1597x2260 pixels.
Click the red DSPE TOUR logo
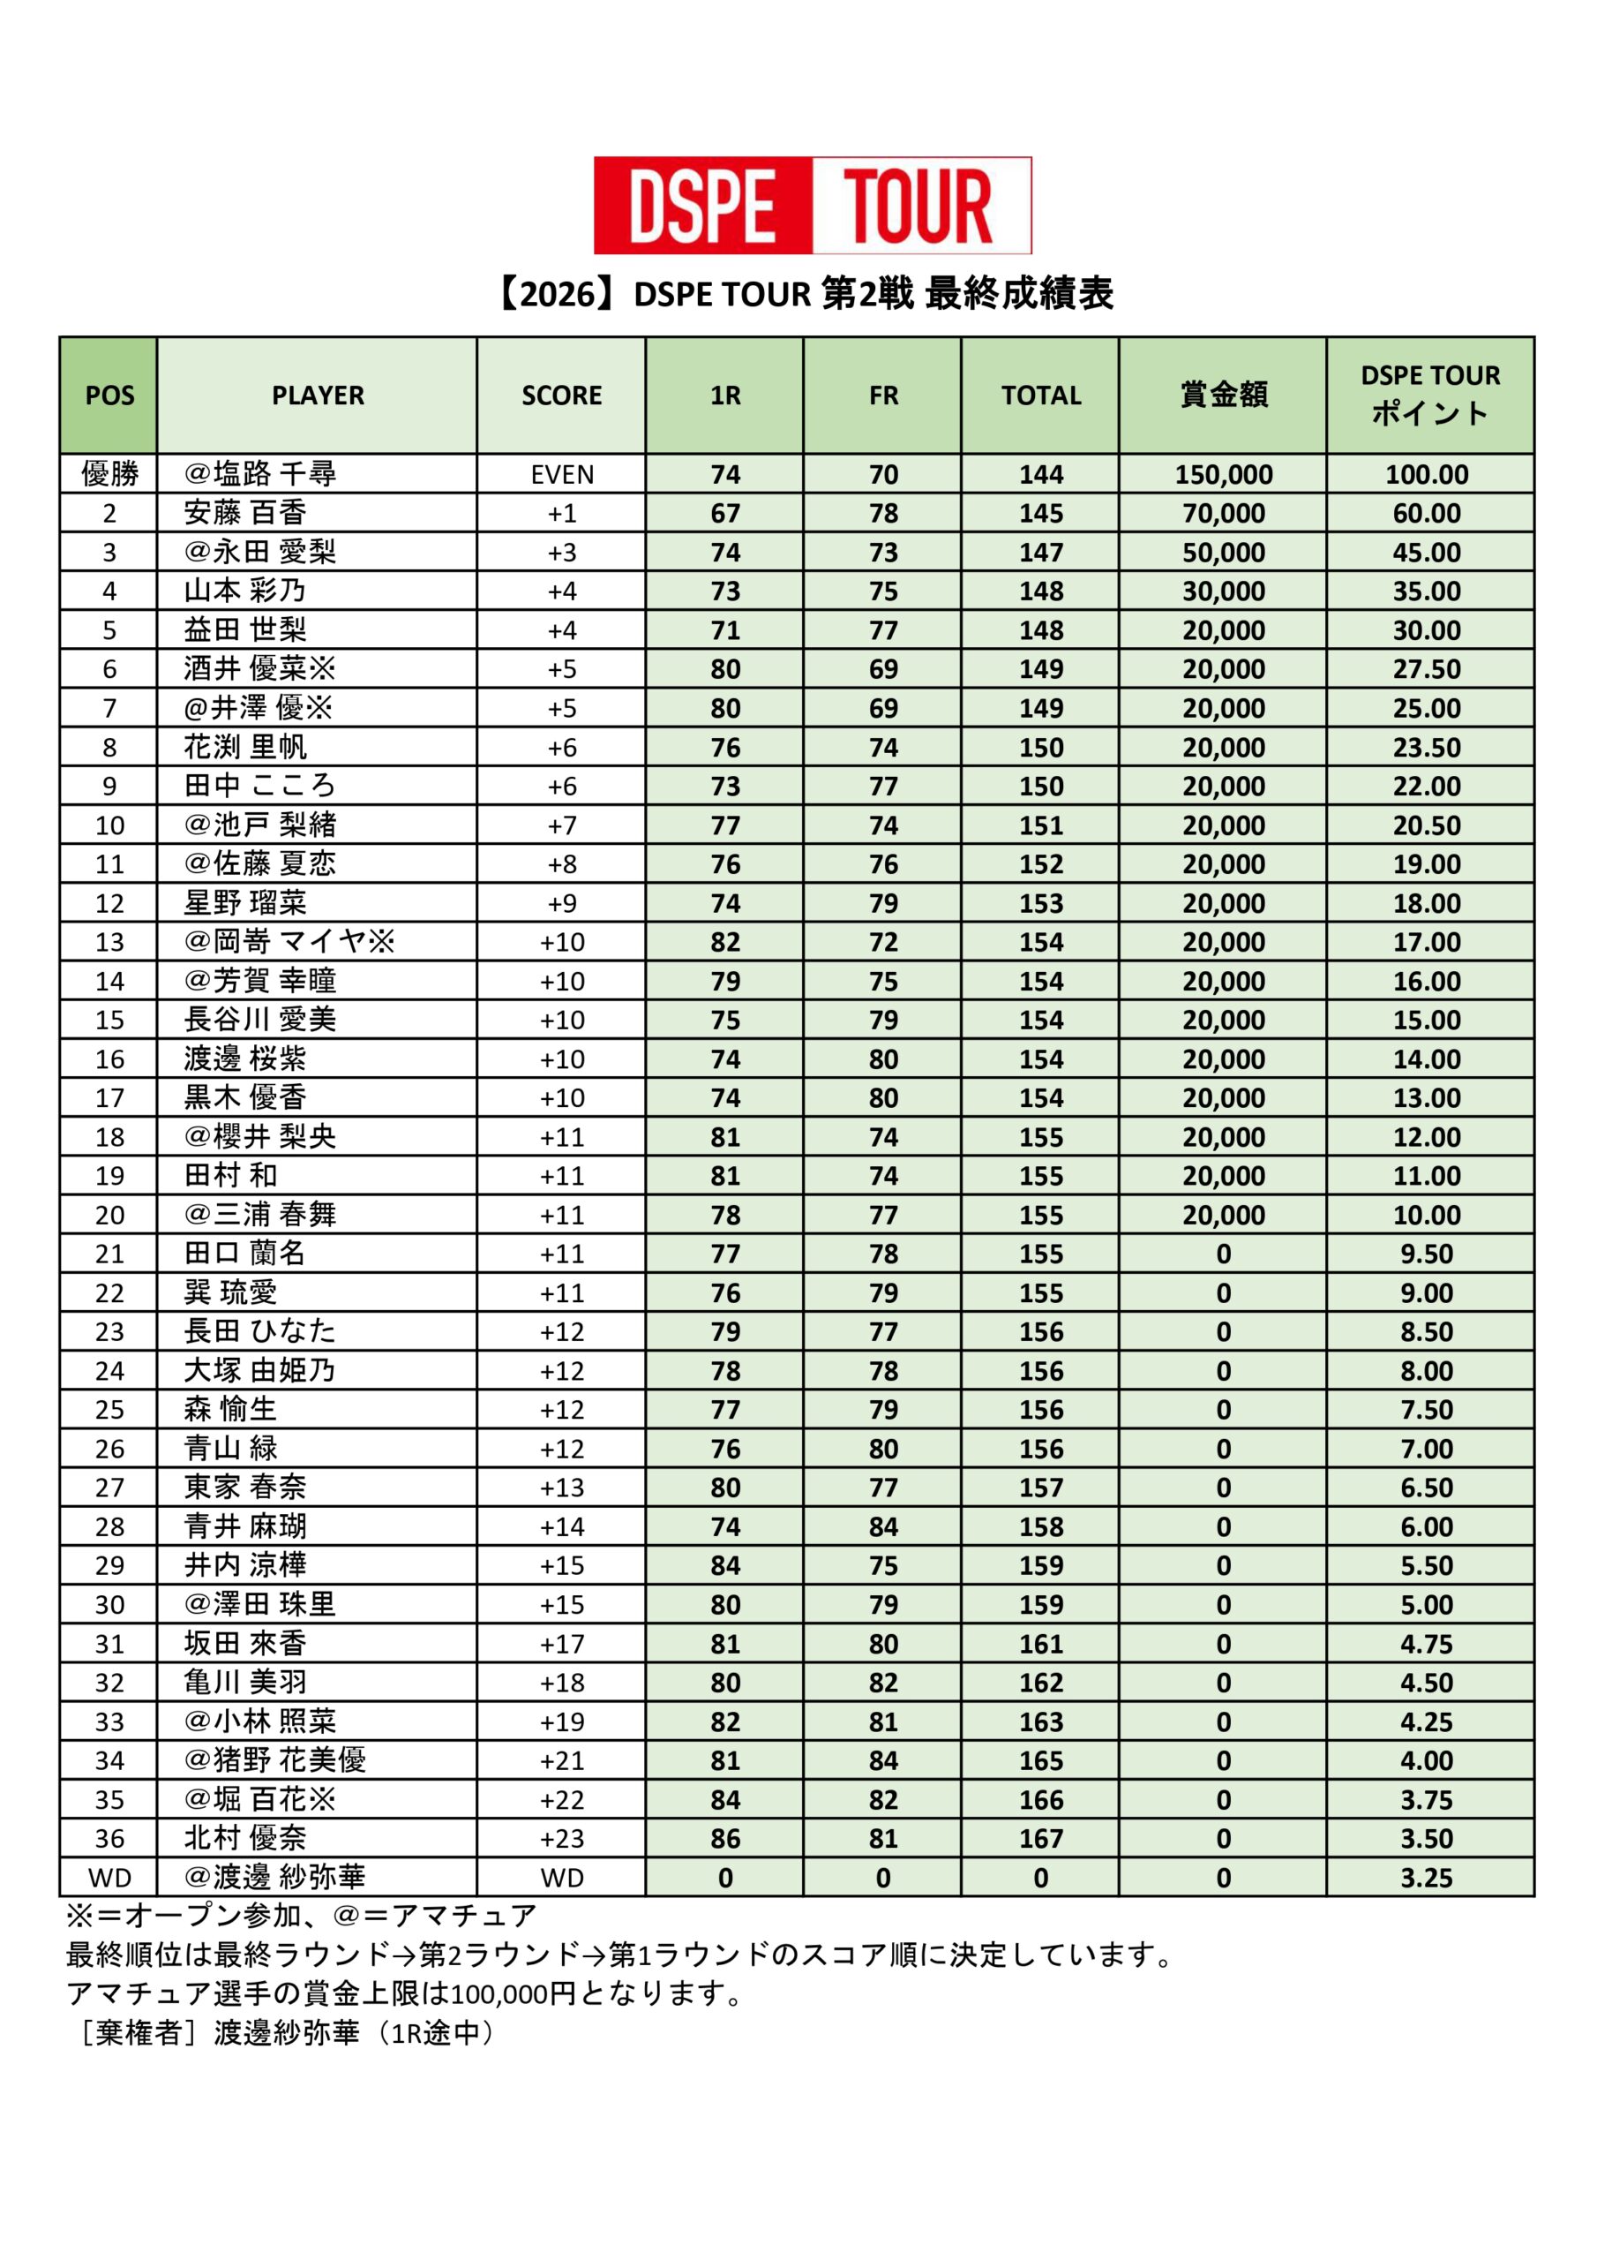coord(812,205)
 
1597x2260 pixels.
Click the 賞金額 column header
coord(1223,395)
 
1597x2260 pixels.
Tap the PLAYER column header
coord(317,395)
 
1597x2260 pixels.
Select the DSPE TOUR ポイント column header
coord(1429,395)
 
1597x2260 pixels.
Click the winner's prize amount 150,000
coord(1223,474)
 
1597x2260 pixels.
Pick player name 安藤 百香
coord(245,513)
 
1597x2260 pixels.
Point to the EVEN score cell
coord(562,474)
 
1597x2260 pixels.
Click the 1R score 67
coord(725,513)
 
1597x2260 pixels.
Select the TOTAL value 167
coord(1041,1839)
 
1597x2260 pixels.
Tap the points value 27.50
coord(1427,669)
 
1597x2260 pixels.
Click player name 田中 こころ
coord(259,786)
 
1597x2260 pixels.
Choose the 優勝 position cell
coord(109,474)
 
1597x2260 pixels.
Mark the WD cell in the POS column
coord(109,1878)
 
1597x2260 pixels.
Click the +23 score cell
coord(562,1839)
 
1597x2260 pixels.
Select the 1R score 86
coord(725,1839)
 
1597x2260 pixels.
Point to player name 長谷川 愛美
coord(259,1020)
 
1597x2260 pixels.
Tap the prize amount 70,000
coord(1223,513)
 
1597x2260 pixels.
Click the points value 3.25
coord(1427,1878)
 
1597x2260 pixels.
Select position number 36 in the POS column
coord(109,1839)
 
